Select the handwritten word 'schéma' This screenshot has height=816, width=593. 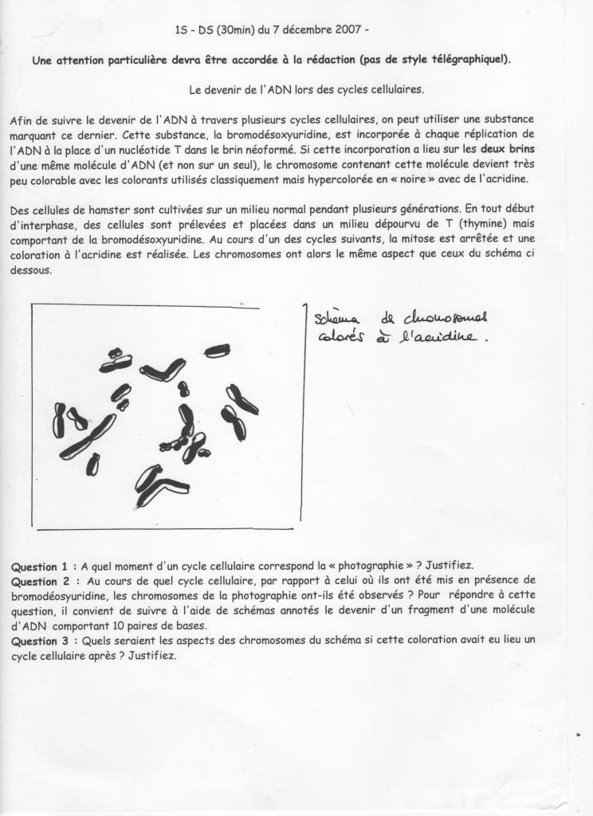point(337,319)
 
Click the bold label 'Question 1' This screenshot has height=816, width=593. point(34,567)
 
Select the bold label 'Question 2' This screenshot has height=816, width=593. point(34,582)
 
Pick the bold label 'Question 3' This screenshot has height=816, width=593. point(34,640)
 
